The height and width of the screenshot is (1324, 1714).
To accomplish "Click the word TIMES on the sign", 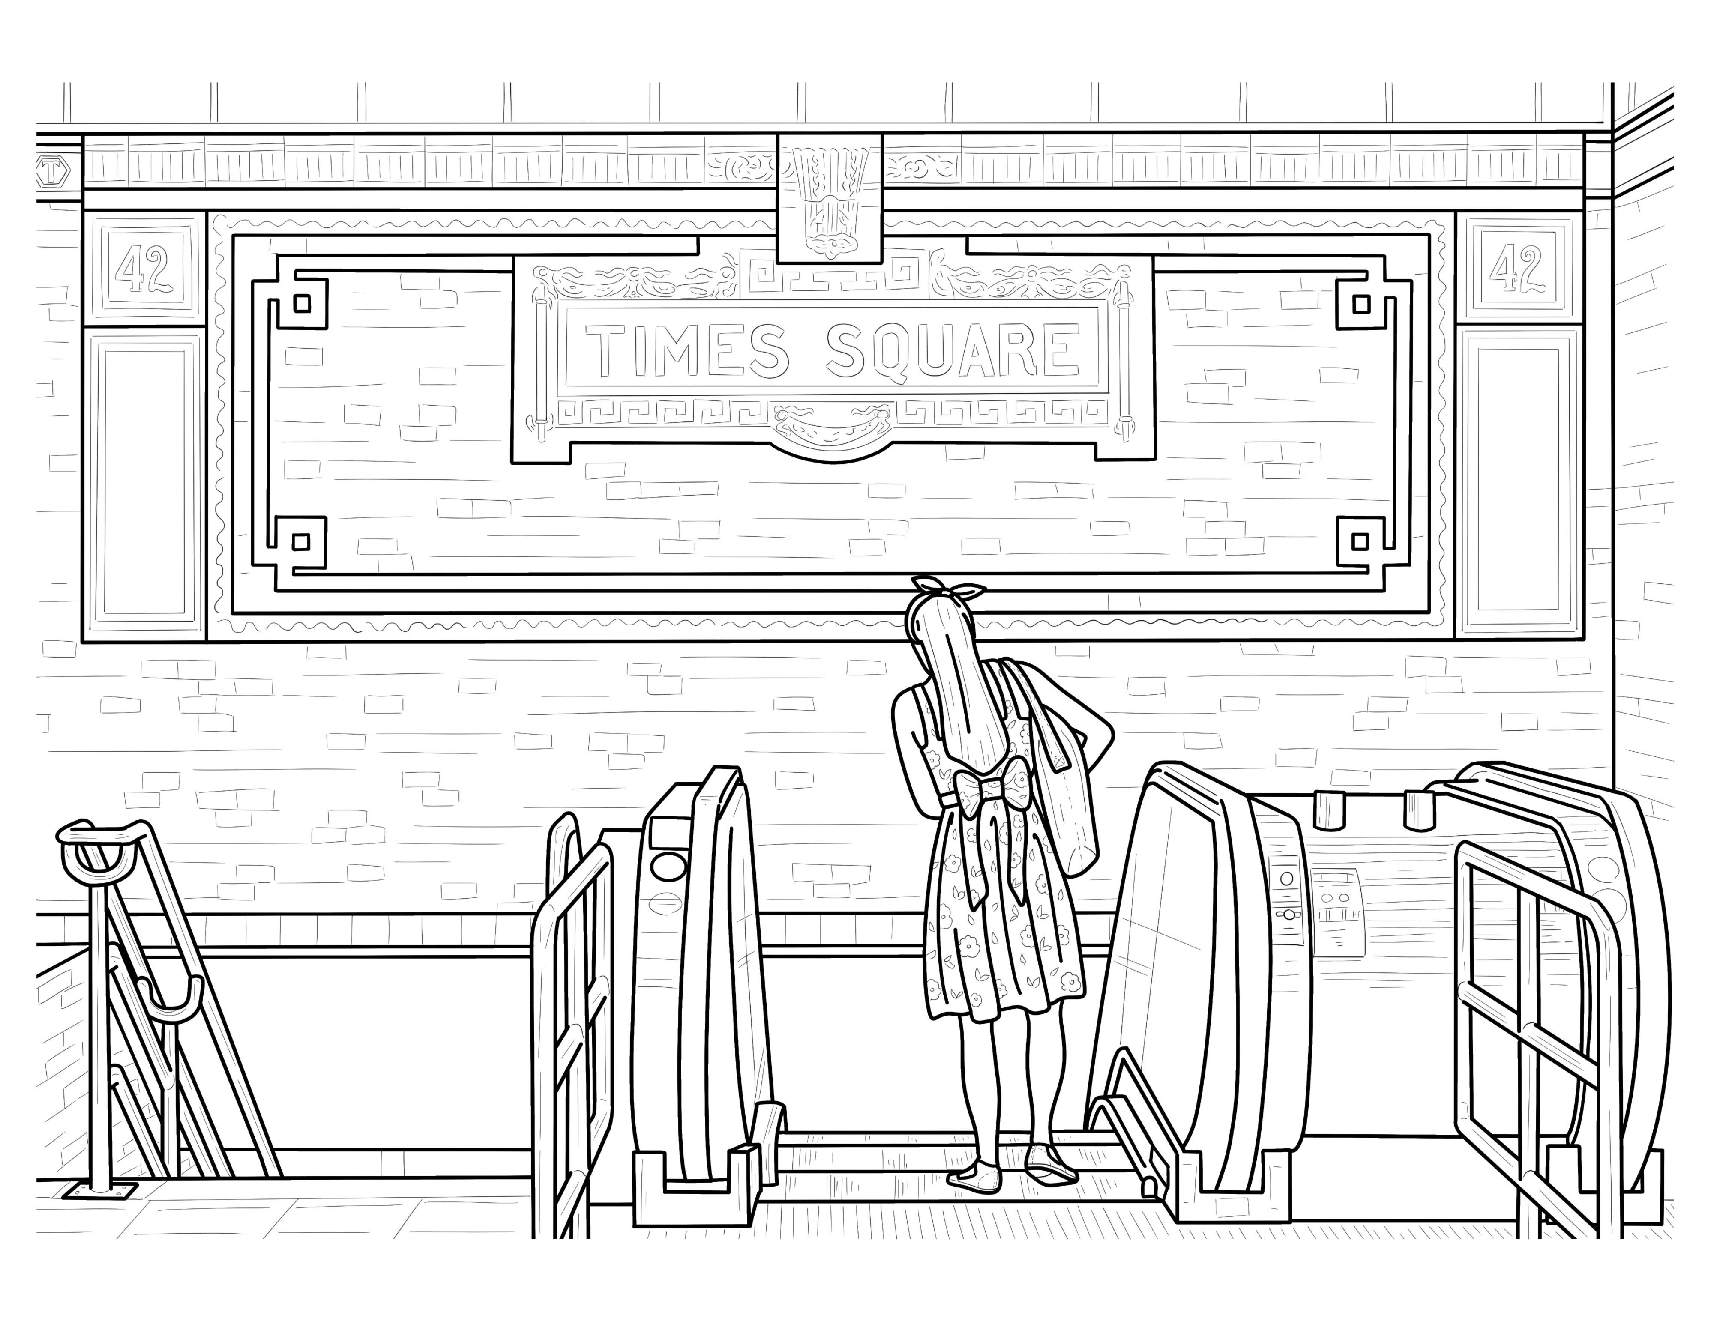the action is pyautogui.click(x=688, y=350).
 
